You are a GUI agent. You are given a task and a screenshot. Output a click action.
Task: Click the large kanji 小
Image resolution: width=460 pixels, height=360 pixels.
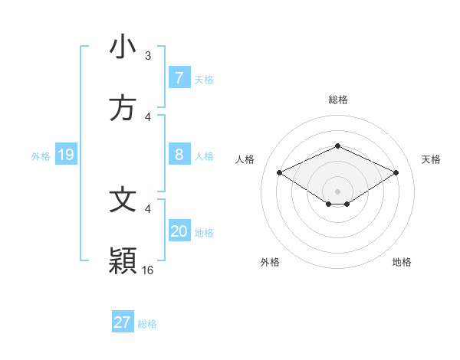tap(123, 47)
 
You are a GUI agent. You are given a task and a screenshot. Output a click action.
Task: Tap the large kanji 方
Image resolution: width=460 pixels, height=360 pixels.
tap(123, 108)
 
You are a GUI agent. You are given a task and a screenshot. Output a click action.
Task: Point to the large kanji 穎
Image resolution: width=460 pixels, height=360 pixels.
tap(123, 261)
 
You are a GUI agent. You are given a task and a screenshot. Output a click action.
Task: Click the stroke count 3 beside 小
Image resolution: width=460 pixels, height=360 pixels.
tap(148, 56)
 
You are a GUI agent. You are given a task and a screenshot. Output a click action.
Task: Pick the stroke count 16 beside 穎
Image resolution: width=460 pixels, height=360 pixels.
tap(148, 270)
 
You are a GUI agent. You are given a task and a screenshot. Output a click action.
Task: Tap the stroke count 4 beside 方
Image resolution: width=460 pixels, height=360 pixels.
tap(148, 117)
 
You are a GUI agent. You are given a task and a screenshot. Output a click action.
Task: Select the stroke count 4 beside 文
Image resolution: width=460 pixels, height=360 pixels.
tap(148, 208)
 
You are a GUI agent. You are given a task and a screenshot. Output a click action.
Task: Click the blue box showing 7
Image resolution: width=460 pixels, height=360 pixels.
tap(179, 78)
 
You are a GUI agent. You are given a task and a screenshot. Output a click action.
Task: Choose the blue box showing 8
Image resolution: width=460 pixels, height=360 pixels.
tap(179, 155)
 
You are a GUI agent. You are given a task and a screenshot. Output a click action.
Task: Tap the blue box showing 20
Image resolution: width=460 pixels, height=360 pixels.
tap(179, 231)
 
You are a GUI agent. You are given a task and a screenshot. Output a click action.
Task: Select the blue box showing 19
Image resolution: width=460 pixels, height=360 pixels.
tap(65, 155)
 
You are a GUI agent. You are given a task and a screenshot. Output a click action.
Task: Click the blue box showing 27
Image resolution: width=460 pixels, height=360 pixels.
tap(123, 322)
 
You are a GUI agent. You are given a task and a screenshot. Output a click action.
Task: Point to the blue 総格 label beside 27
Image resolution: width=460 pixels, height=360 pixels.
tap(147, 324)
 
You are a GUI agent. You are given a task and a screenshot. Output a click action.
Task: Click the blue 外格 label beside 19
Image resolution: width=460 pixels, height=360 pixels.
tap(41, 156)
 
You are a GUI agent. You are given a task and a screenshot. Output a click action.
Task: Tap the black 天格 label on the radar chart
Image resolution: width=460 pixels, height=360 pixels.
tap(431, 159)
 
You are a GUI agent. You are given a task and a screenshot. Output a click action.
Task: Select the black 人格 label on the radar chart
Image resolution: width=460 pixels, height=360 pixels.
tap(245, 159)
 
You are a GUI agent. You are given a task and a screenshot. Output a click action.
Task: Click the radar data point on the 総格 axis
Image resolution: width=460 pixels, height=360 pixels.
tap(337, 146)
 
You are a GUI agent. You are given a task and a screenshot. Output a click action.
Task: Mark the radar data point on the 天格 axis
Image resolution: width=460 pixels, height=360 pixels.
tap(396, 172)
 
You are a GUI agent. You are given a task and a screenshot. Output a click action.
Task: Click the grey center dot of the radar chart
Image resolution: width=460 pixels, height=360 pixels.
tap(337, 191)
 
